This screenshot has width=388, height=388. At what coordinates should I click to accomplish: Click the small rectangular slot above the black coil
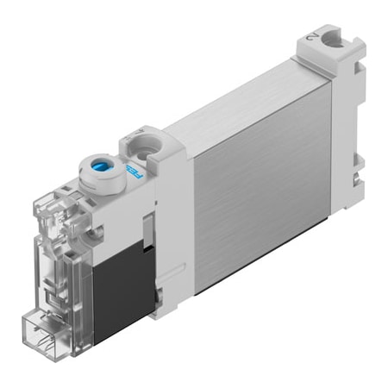(147, 228)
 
